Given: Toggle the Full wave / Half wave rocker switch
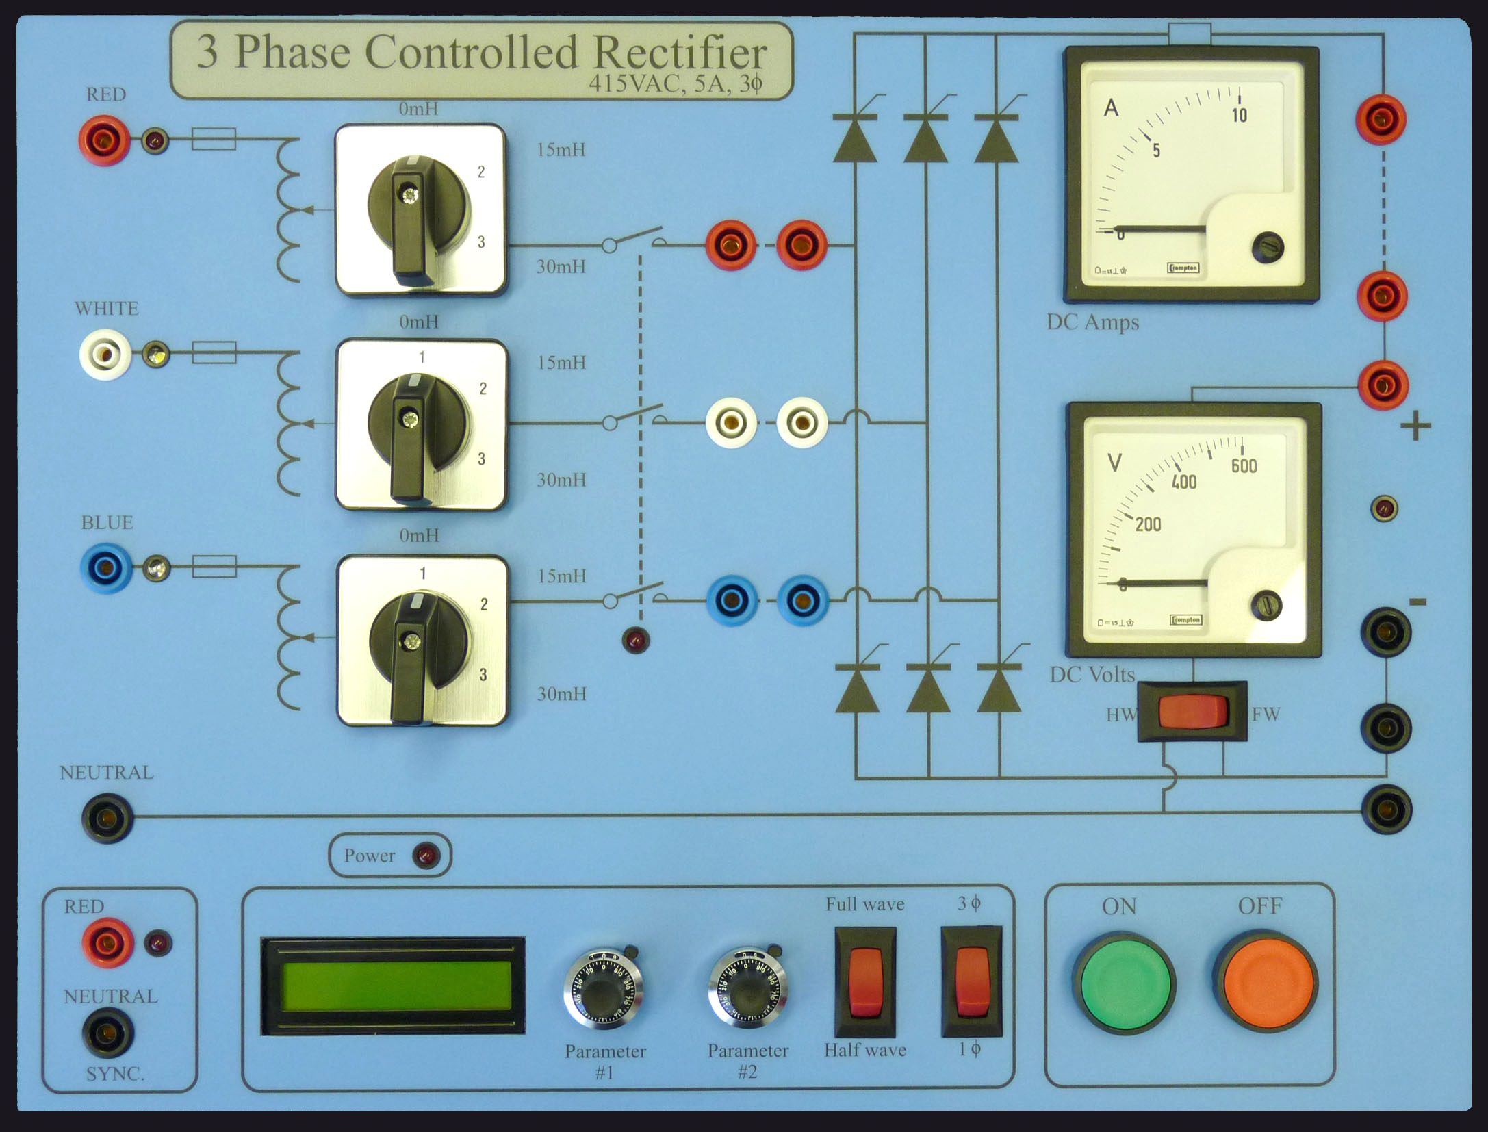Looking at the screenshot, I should point(865,981).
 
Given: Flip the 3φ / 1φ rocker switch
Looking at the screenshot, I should point(971,981).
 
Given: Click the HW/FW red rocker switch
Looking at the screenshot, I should point(1192,711).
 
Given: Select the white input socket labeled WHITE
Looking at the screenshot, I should point(105,355).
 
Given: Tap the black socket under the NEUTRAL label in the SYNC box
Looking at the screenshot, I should point(107,1033).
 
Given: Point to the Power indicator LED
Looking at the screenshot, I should point(425,856).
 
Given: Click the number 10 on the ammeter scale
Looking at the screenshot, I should point(1239,115).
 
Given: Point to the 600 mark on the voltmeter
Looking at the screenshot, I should point(1243,466).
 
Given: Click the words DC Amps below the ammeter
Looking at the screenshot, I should point(1092,322).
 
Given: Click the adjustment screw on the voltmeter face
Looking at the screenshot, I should point(1266,606).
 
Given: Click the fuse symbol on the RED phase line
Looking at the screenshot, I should point(214,139).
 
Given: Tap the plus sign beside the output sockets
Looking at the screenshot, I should point(1415,427).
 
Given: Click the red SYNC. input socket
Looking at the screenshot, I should point(107,942).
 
